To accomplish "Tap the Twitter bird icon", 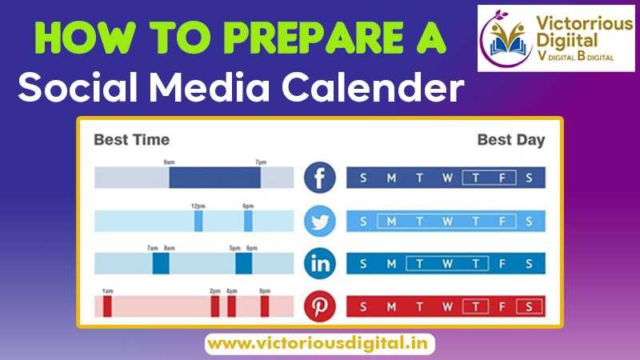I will tap(320, 221).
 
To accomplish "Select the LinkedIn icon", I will tap(320, 263).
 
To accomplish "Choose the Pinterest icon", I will tap(320, 306).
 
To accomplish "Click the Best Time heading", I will tap(132, 140).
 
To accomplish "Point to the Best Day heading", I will tap(510, 140).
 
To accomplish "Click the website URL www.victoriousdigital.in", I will tap(320, 344).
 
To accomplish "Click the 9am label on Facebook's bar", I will tap(170, 162).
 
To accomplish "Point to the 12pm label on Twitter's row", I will tap(198, 206).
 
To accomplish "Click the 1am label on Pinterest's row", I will tap(106, 290).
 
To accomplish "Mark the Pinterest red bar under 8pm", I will tap(265, 306).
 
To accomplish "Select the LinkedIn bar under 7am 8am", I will tap(161, 263).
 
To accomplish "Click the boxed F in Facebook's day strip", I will tap(502, 178).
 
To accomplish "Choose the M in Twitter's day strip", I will tap(391, 221).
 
